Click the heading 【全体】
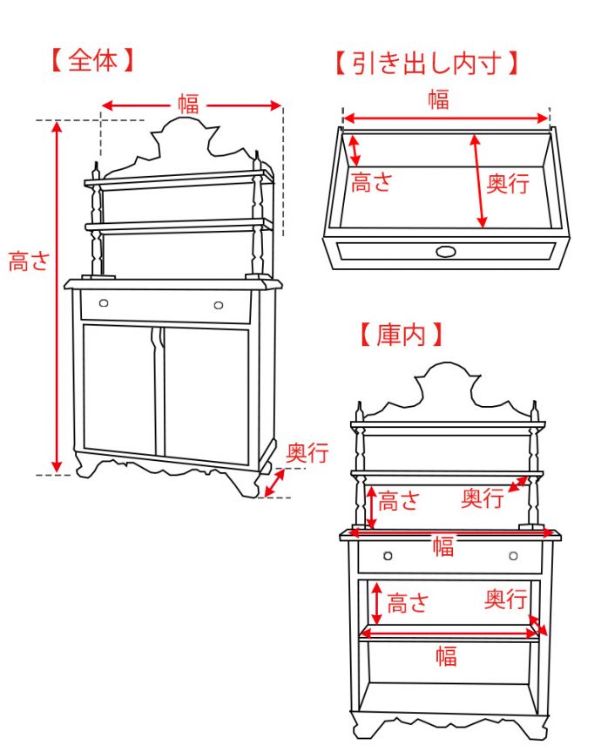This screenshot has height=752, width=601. point(91,62)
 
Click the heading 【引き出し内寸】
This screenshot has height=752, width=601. point(426,64)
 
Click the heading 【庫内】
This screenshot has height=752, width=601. point(402,333)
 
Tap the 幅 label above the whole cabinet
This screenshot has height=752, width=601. point(188,104)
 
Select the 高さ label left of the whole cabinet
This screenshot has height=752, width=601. point(28,261)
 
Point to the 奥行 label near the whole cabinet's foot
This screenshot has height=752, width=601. point(307,453)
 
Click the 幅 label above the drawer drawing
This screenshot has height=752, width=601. point(438,98)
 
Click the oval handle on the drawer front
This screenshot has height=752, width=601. point(445,252)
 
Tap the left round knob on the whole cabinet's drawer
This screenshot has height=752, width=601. point(104,303)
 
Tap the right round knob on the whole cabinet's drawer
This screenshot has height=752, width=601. point(218,305)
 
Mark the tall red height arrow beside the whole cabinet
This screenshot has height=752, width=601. point(57,296)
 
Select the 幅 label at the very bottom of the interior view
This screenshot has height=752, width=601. point(445,656)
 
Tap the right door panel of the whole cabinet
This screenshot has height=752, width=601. point(206,394)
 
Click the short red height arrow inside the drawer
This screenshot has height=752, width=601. point(355,149)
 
